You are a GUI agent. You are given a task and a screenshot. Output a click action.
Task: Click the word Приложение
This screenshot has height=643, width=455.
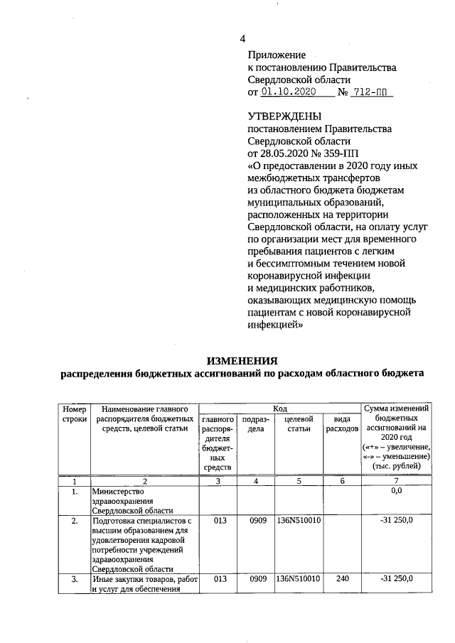(277, 55)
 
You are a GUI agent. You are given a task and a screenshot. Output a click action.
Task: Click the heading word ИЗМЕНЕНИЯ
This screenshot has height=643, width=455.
(242, 360)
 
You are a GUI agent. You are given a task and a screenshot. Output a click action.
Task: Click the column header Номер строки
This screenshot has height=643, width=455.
(74, 415)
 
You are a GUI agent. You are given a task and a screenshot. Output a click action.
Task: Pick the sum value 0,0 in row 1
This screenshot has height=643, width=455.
(397, 490)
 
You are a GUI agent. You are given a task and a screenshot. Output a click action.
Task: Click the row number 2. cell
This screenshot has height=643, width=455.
(74, 521)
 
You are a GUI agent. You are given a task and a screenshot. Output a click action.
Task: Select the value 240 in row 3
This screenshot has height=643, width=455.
(343, 579)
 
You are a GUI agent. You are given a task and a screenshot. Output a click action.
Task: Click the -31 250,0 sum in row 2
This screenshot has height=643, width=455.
(397, 521)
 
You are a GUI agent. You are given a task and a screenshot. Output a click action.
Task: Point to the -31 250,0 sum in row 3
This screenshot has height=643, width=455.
(397, 579)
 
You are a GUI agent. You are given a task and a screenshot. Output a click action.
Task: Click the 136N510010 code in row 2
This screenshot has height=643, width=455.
(299, 521)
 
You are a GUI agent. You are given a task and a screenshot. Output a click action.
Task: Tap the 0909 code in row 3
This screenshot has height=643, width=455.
(258, 579)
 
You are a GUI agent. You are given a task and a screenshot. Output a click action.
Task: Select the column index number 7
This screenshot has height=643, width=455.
(397, 481)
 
